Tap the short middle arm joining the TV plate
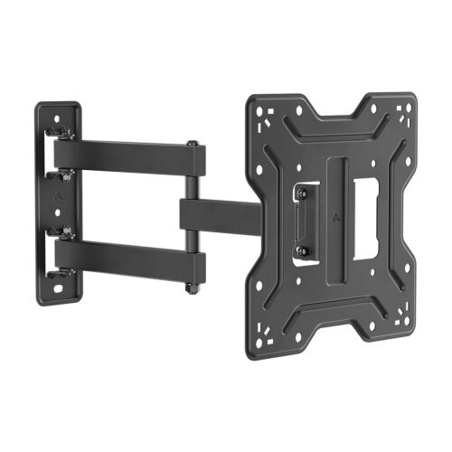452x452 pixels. click(217, 213)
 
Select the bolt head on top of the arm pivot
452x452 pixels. click(192, 144)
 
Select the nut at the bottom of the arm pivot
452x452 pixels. click(192, 288)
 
